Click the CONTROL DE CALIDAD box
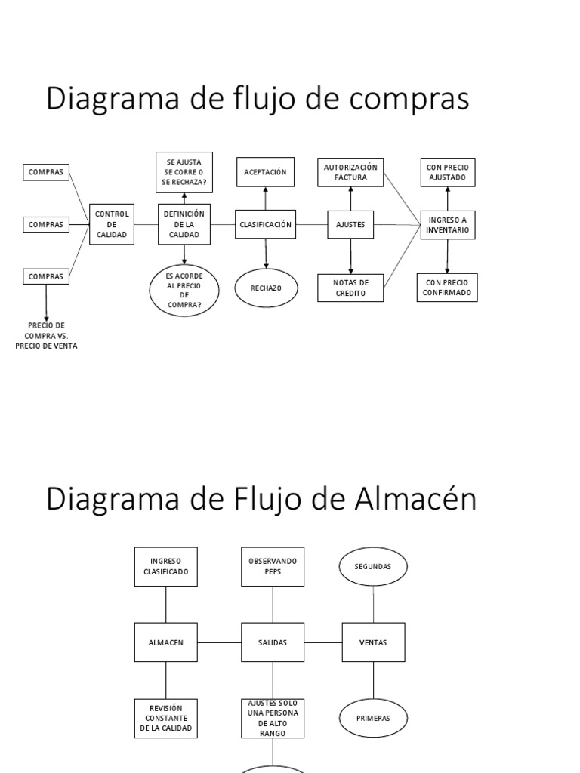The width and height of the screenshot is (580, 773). pos(112,224)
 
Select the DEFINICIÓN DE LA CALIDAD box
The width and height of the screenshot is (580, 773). pos(184,224)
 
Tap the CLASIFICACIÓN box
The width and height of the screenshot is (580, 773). pos(265,224)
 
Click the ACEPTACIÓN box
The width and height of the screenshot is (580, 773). pos(265,172)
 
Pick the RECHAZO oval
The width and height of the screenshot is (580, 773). pos(265,288)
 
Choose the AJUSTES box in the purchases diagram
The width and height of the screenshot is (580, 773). pos(350,224)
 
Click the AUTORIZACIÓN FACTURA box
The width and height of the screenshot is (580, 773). pos(350,172)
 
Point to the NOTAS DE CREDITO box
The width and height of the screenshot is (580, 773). pos(350,288)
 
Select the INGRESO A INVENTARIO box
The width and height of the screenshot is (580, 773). pos(448,224)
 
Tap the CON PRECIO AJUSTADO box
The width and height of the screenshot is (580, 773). pos(448,173)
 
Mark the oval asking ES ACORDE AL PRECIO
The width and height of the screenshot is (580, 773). pos(184,290)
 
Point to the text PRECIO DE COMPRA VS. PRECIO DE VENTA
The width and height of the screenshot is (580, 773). pos(46,335)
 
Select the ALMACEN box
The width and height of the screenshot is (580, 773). pos(166,642)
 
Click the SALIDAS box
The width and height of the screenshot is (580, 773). pos(272,642)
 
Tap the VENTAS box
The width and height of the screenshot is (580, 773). pos(373,642)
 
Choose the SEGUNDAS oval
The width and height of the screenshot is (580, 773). pos(373,567)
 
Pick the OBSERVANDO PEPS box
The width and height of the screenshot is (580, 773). pos(272,566)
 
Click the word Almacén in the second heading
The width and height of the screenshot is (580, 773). pos(415,500)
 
